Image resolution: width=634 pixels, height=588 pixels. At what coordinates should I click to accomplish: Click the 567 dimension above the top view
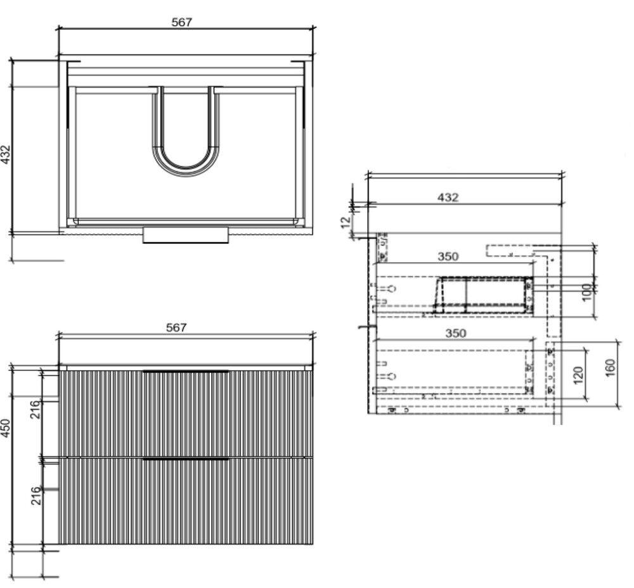pyautogui.click(x=181, y=22)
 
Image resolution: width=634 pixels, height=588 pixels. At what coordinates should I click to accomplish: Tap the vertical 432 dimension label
pyautogui.click(x=5, y=154)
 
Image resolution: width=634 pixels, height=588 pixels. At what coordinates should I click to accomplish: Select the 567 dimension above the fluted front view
pyautogui.click(x=176, y=327)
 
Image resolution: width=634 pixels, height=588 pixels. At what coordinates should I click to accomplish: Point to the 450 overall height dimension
pyautogui.click(x=5, y=427)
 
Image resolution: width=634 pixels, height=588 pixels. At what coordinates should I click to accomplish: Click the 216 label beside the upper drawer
pyautogui.click(x=36, y=409)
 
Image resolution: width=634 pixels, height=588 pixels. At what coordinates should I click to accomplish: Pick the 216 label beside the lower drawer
pyautogui.click(x=36, y=495)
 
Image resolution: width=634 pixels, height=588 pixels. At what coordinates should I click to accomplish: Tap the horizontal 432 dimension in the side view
pyautogui.click(x=448, y=197)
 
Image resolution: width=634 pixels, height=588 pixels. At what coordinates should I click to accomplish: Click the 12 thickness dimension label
pyautogui.click(x=346, y=222)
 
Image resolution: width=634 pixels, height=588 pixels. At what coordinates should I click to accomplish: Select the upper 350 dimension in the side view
pyautogui.click(x=448, y=257)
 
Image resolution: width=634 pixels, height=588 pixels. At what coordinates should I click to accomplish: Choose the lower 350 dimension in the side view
pyautogui.click(x=456, y=333)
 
